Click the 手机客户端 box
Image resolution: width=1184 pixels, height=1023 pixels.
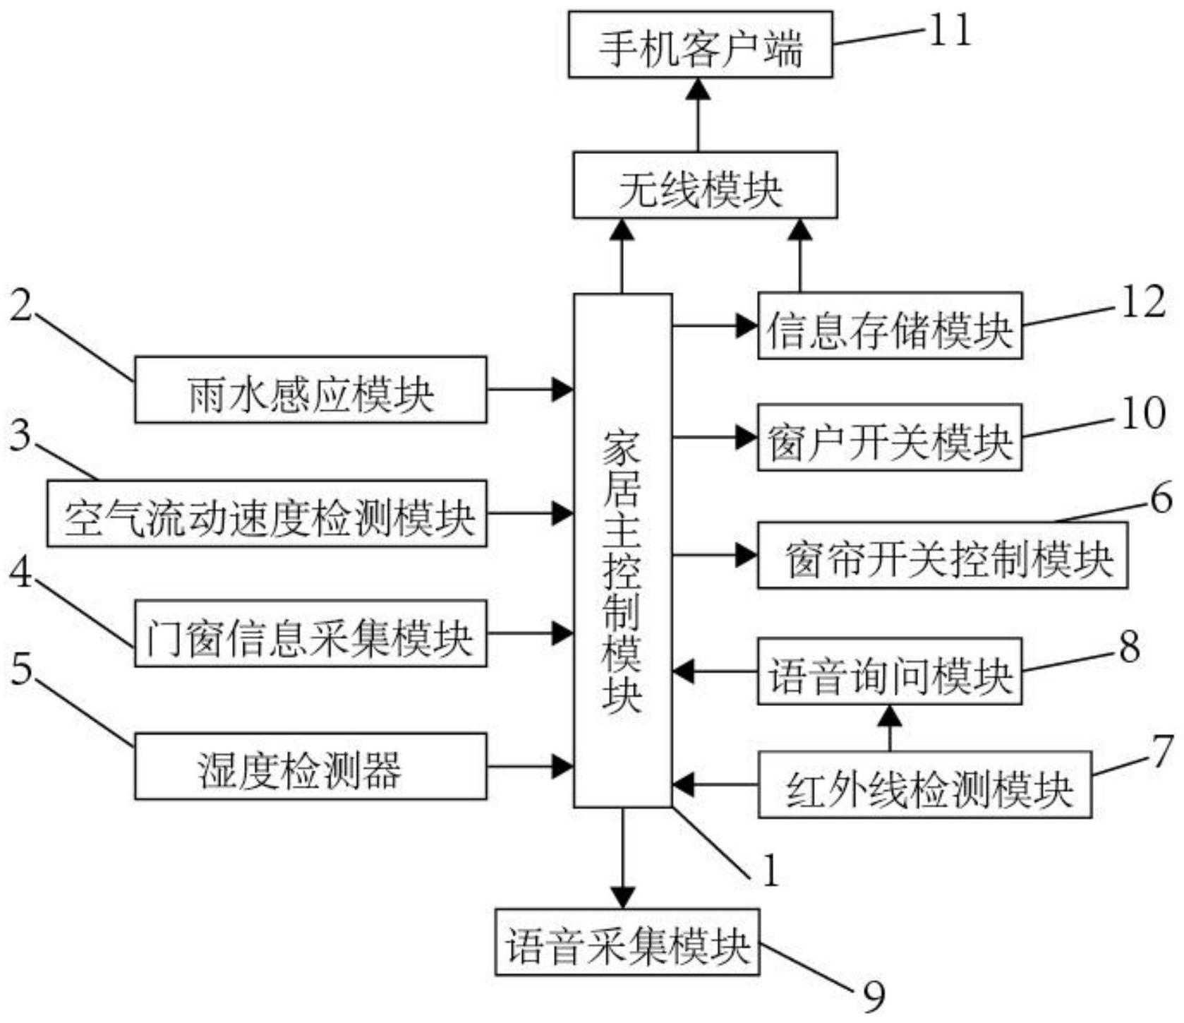tap(700, 44)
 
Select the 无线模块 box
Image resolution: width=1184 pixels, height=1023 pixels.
tap(704, 184)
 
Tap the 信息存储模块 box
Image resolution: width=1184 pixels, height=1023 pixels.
tap(889, 325)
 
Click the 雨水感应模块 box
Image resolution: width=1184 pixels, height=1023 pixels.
tap(310, 390)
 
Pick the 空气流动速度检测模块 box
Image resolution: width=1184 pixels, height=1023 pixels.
tap(267, 513)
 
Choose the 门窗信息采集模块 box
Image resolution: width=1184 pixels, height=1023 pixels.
tap(310, 633)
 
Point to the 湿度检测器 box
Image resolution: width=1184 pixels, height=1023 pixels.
tap(310, 766)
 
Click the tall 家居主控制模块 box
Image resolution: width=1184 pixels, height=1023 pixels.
tap(622, 550)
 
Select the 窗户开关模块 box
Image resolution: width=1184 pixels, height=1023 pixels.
tap(889, 437)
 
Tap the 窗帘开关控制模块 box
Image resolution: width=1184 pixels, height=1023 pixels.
tap(942, 555)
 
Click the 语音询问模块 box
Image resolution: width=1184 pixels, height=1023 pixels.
tap(889, 671)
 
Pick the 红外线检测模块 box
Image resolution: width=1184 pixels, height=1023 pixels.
tap(924, 784)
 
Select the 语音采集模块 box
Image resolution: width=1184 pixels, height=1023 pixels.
tap(627, 942)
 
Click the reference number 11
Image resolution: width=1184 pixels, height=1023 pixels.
tap(950, 31)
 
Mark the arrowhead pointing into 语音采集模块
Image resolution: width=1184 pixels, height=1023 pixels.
tap(622, 898)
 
